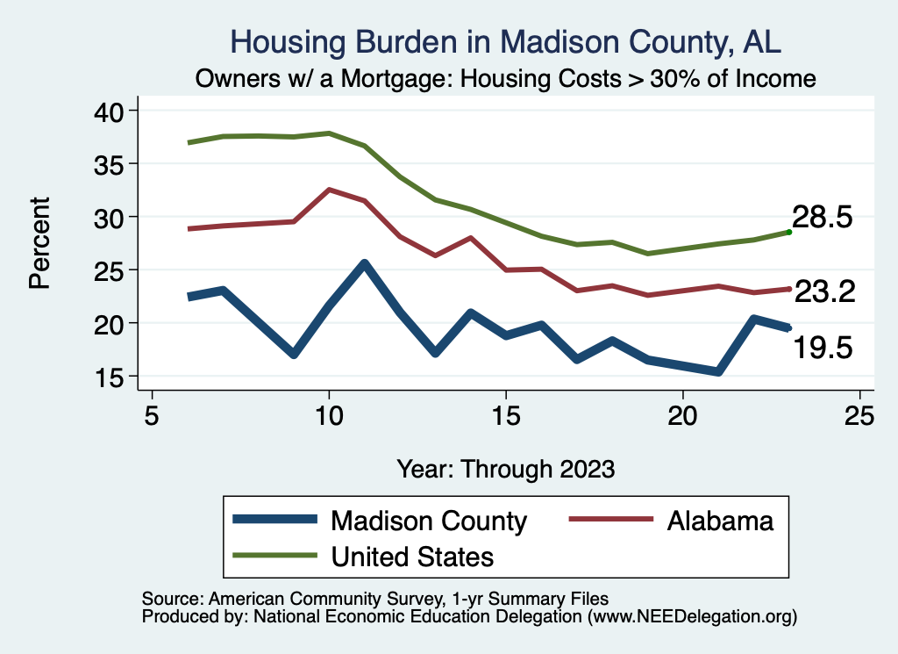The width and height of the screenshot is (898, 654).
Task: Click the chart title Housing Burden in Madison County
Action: pos(504,41)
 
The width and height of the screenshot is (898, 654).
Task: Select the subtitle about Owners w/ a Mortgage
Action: pos(506,78)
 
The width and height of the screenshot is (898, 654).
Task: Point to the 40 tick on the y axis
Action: pos(112,111)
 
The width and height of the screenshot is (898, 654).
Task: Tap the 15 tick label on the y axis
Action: pos(112,377)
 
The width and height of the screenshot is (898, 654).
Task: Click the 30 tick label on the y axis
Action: pos(112,217)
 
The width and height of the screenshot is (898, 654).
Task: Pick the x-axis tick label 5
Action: pos(152,414)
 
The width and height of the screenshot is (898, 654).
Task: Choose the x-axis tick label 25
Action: pos(859,414)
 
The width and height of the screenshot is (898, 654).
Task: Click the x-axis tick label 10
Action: pos(329,414)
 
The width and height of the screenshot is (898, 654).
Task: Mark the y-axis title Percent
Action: pos(39,242)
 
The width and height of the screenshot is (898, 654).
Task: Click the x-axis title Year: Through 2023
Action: pos(505,468)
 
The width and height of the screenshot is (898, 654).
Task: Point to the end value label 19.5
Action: pos(823,349)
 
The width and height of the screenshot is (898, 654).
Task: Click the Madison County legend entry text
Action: pos(428,521)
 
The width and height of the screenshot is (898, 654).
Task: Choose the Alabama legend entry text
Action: pos(720,521)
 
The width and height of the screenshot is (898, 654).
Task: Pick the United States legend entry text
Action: pos(412,556)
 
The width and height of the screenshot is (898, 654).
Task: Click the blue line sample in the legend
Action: pos(274,521)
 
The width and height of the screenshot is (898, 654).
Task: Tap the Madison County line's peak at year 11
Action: pos(364,262)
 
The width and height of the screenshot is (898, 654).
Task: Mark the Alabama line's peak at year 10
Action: pos(329,190)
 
